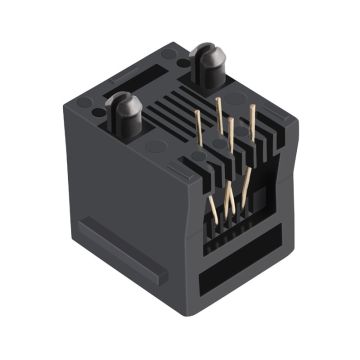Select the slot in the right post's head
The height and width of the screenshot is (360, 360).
click(x=210, y=50)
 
